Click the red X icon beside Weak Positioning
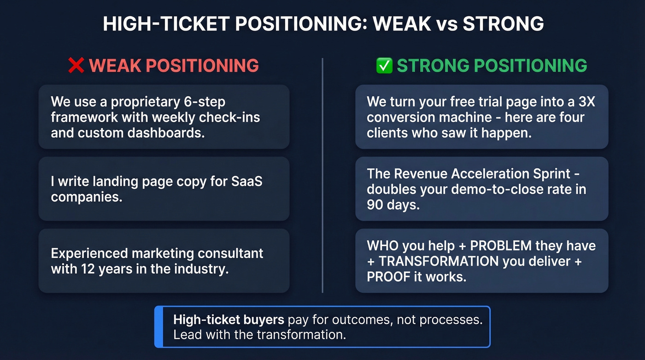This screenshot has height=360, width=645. pos(76,66)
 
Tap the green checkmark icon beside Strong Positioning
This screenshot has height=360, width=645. pos(384,66)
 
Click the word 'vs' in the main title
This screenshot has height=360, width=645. pos(446,24)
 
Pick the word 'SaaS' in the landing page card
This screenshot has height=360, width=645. pos(246,181)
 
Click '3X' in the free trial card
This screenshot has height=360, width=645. pos(586,101)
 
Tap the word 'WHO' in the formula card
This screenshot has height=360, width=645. pos(381,246)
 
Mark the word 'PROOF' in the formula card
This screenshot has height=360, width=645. pos(390,277)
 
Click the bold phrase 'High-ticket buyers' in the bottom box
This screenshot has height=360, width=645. pos(229,320)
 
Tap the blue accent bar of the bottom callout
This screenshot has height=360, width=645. pos(158,327)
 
